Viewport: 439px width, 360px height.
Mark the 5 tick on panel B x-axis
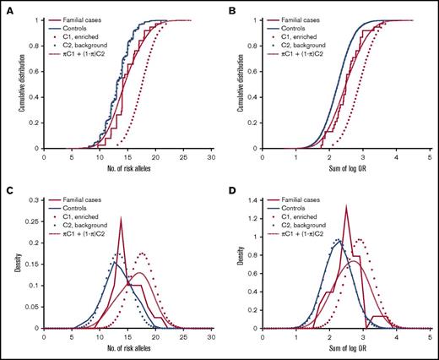click(431, 157)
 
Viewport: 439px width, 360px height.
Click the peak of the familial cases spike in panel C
click(121, 218)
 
